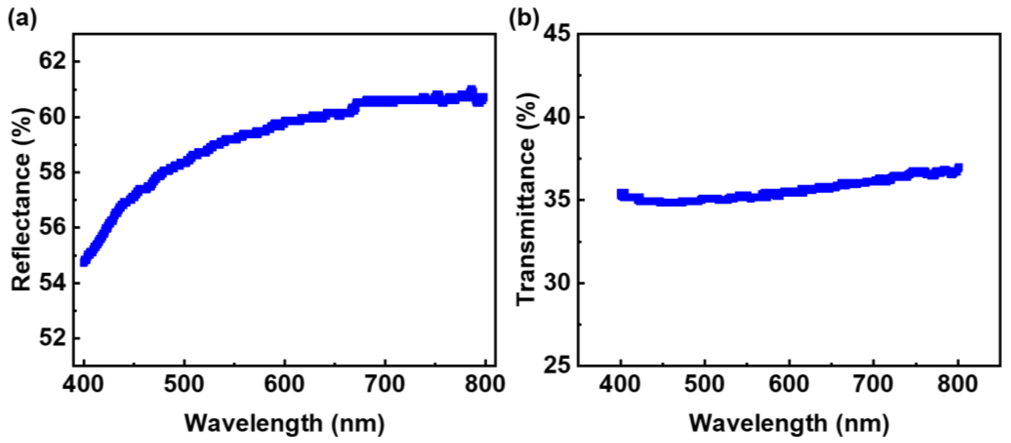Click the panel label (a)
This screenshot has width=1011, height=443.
click(22, 19)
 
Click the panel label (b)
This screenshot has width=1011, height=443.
click(524, 19)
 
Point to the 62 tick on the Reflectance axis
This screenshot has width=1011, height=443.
click(52, 62)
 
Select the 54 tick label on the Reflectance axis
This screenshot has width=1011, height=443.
click(52, 283)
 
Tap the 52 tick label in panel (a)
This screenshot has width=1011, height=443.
click(52, 338)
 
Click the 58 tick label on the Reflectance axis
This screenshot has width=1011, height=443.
click(52, 173)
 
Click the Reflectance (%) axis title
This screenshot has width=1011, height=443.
click(21, 200)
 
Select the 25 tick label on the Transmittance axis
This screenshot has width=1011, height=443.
click(557, 365)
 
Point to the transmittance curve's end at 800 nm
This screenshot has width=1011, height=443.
click(958, 169)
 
